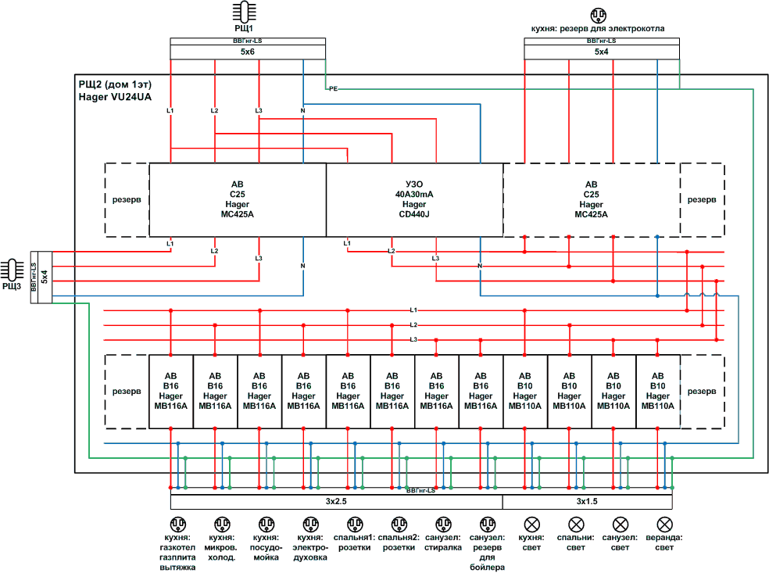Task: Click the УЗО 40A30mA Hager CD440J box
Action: point(414,199)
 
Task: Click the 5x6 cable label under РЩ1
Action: point(248,52)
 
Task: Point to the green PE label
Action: point(333,88)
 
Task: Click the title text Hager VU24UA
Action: point(114,97)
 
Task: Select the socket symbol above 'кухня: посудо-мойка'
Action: point(266,524)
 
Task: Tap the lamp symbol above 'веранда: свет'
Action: point(665,524)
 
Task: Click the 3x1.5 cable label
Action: point(588,501)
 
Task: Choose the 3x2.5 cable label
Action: point(337,501)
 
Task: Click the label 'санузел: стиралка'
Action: point(444,543)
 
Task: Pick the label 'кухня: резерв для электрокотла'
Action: point(598,29)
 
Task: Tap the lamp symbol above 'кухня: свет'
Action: point(532,524)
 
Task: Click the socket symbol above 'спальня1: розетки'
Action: point(355,524)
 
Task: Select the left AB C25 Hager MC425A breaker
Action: point(238,199)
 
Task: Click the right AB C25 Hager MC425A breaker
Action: point(592,199)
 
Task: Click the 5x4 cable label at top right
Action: point(602,52)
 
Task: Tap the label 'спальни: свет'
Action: point(577,543)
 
